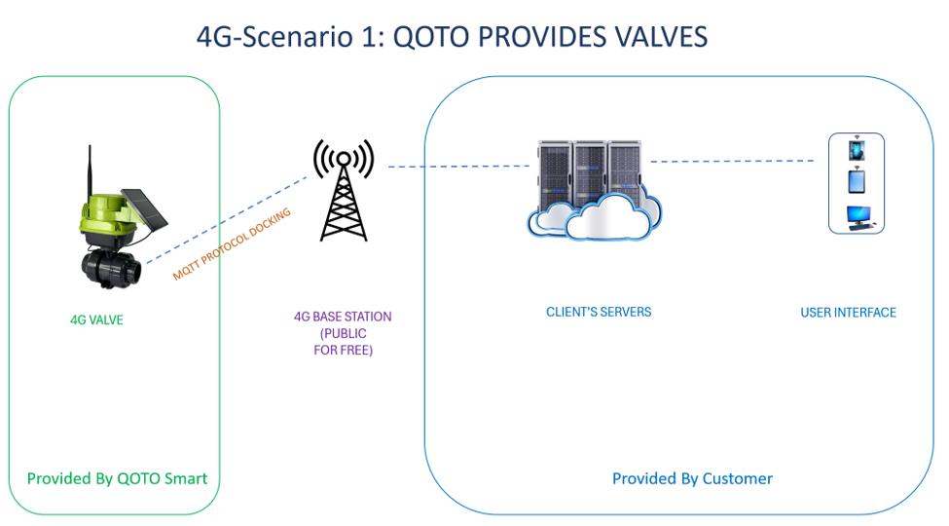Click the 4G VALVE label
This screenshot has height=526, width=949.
coord(96,319)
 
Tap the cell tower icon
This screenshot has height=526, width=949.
coord(344,190)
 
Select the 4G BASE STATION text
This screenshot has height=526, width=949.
coord(343,317)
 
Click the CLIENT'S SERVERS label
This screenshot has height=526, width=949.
coord(599,312)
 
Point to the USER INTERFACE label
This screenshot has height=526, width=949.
coord(848,313)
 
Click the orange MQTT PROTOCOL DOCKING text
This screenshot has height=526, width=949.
coord(232,244)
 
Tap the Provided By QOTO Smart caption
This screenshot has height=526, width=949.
coord(117,478)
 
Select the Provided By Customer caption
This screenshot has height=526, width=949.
coord(692,478)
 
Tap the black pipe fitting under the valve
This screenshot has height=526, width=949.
coord(111,268)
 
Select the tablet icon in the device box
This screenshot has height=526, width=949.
coord(857,180)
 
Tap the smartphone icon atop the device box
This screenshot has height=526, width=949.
coord(857,148)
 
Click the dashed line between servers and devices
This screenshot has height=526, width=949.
coord(732,161)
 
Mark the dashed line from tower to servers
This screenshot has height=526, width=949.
coord(458,166)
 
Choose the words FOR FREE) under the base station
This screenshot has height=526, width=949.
coord(344,351)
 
